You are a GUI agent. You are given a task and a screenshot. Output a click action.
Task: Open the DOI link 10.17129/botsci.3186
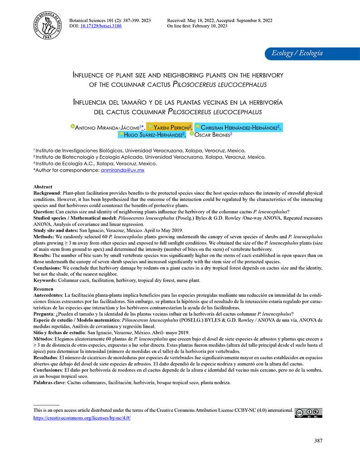point(99,26)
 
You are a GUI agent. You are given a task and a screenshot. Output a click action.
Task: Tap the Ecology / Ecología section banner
point(297,53)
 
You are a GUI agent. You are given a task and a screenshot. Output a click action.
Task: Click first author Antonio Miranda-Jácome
point(109,127)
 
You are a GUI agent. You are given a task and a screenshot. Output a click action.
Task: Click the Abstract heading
point(43,187)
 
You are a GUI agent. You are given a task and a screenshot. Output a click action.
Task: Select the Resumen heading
point(44,289)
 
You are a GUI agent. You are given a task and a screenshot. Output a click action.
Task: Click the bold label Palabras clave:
point(50,383)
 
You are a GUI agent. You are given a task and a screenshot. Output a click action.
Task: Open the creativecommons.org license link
point(82,418)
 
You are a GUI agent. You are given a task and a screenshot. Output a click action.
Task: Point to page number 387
point(319,440)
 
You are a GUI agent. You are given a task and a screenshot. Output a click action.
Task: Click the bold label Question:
point(46,212)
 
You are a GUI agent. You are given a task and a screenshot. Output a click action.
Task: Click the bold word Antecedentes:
point(51,295)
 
